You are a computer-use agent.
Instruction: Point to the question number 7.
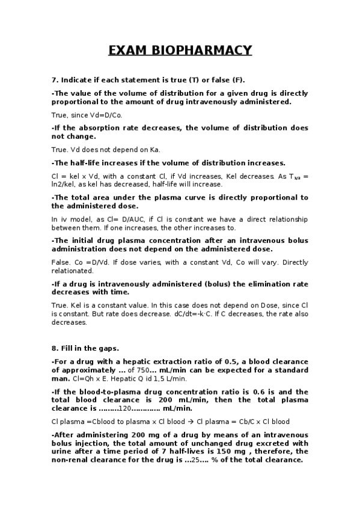[54, 80]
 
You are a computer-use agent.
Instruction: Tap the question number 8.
[54, 348]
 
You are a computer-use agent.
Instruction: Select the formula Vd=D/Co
[105, 115]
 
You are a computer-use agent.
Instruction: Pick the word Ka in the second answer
[156, 150]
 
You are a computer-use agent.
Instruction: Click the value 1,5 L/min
[171, 379]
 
